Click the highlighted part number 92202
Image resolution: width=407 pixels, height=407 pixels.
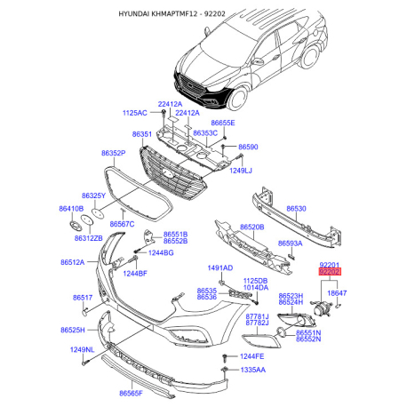tap(330, 272)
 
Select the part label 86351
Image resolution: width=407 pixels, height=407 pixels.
tap(142, 134)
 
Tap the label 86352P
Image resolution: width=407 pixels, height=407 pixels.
tap(114, 153)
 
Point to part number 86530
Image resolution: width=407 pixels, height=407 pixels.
tap(296, 209)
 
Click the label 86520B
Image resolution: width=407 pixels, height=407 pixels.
tap(252, 227)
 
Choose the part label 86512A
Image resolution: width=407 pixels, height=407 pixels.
tap(73, 262)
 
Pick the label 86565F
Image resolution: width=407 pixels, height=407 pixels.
tap(131, 394)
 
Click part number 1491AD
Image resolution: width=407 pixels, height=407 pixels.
tap(220, 268)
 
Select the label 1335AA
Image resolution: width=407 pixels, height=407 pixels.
tap(253, 370)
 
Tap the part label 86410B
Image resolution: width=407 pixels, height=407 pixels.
tap(71, 209)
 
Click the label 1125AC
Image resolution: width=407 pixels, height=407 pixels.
tap(135, 113)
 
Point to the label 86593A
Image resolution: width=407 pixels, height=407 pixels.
tap(291, 243)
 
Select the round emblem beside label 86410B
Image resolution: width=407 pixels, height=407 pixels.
tap(76, 226)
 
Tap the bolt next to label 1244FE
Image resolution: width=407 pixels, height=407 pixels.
tap(226, 357)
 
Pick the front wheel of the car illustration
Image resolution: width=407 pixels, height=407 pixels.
tap(238, 98)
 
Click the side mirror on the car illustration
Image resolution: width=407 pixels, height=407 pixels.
tap(257, 61)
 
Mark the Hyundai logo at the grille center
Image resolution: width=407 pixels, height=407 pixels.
tap(168, 174)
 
